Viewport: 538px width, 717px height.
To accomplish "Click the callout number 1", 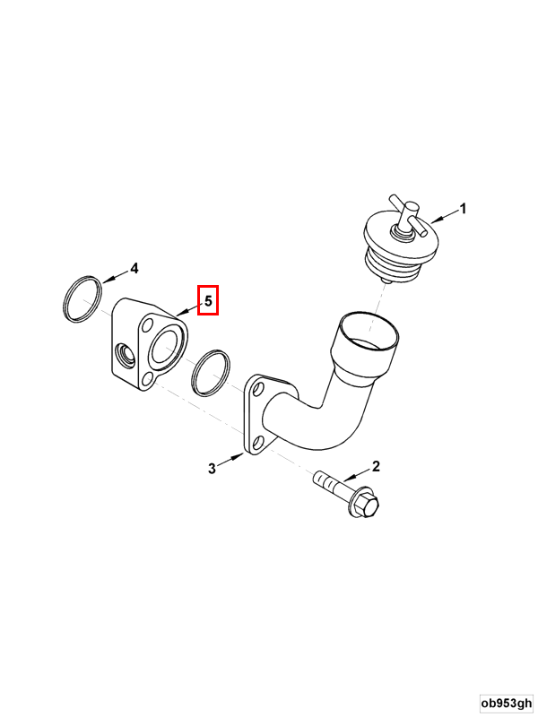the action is coord(463,209).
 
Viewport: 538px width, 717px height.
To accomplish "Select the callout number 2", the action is coord(376,466).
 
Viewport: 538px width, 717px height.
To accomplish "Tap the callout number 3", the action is coord(212,469).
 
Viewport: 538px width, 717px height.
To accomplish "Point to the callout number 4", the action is coord(134,268).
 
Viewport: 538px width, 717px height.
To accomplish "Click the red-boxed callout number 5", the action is coord(208,300).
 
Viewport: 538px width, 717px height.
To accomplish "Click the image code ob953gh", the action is coord(507,703).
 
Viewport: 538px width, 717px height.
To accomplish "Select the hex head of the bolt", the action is coord(364,505).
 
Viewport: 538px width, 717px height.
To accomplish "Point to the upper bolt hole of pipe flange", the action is coord(258,390).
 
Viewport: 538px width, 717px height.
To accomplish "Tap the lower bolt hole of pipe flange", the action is coord(257,443).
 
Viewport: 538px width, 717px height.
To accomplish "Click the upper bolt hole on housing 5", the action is coord(147,325).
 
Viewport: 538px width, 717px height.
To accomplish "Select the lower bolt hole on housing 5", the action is coord(147,378).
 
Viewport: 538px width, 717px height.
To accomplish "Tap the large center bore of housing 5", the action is coord(167,348).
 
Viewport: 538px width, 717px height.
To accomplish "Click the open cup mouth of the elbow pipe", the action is coord(369,331).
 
